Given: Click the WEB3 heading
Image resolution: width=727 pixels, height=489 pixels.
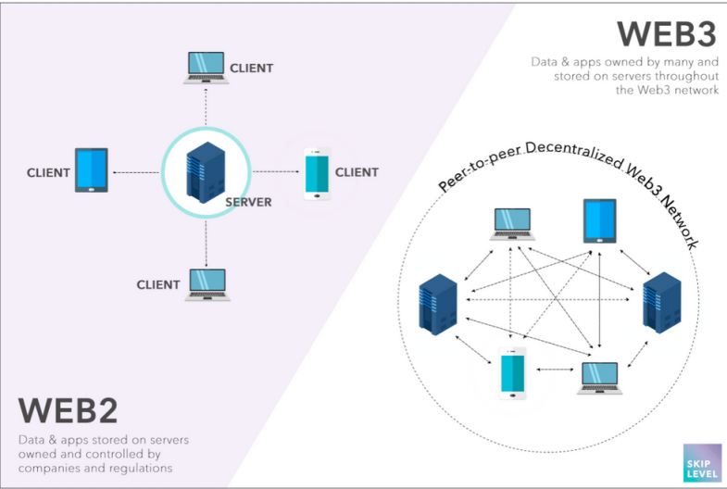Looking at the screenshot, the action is coord(666,33).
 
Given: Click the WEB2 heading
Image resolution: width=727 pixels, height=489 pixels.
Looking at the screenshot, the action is coord(68,410).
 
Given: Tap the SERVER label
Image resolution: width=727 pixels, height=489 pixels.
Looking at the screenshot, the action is coord(248,202).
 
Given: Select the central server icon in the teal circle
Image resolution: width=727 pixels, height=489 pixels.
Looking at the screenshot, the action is coord(206,172).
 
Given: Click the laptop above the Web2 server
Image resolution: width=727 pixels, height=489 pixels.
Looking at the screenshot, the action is coord(206,68).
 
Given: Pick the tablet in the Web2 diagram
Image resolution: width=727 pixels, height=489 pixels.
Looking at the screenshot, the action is coord(92,170).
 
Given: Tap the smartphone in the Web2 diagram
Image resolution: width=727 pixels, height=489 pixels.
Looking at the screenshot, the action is coord(317,174).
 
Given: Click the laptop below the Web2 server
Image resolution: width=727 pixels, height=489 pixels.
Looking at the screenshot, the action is coord(207,284).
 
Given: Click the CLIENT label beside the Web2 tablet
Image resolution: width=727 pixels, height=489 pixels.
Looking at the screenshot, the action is coord(48,173).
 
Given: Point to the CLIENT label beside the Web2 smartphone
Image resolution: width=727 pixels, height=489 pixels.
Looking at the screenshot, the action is coord(357,172).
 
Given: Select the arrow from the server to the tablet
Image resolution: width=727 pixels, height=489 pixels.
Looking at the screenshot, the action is coord(135,172).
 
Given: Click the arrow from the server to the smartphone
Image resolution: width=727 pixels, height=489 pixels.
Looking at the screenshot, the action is coord(276,171).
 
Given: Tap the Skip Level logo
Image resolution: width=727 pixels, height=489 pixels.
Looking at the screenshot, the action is coord(702,463).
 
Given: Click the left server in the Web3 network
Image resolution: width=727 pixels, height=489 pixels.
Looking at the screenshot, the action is coord(438,305).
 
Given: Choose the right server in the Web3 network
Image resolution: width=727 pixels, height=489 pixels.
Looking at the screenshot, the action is coord(661,303).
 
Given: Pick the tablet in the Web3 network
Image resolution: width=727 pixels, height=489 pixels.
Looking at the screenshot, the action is coord(600,221).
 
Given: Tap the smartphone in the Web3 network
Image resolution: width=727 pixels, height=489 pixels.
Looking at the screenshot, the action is coord(512,373).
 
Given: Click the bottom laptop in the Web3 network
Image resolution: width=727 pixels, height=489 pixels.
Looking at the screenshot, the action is coord(600,378).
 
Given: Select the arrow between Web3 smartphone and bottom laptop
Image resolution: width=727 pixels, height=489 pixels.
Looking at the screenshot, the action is coord(555,370).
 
